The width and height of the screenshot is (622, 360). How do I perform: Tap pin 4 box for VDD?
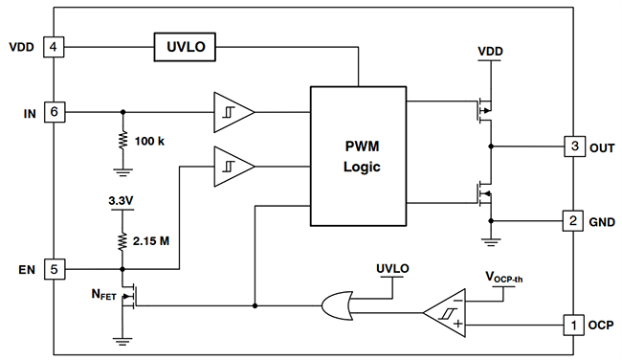(55, 46)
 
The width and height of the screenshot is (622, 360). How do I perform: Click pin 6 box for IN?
(55, 112)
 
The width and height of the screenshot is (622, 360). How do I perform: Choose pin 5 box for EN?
(55, 269)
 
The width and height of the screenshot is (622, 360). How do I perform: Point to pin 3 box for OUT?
(572, 147)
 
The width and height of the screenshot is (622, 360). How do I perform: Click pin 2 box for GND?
(572, 221)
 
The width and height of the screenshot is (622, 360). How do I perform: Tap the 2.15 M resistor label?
(151, 240)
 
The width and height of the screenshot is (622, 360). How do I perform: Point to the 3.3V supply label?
(122, 202)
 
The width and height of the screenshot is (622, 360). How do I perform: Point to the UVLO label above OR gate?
(392, 269)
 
